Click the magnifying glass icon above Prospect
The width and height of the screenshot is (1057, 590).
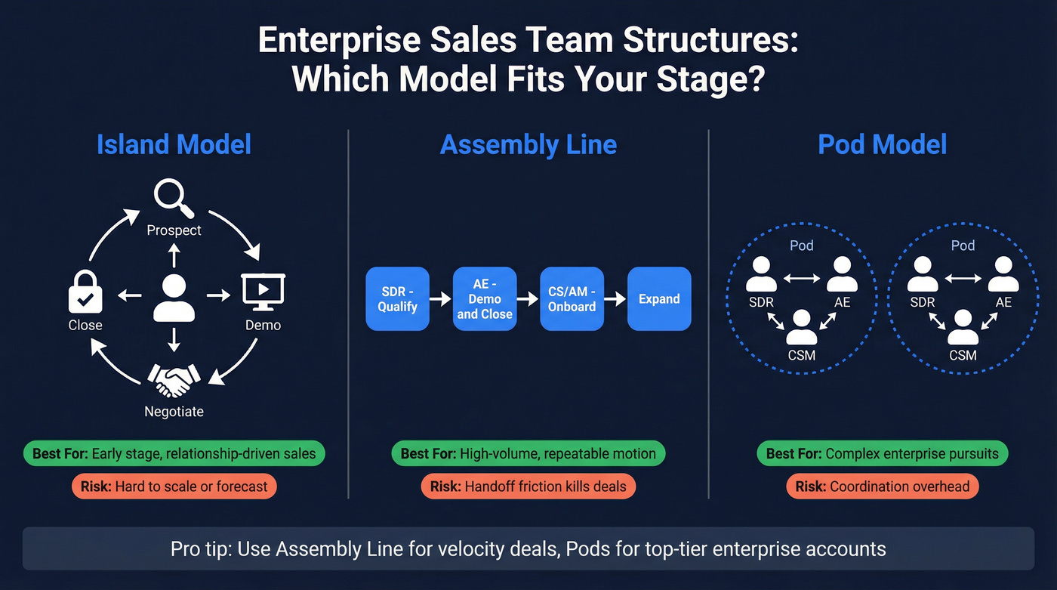tap(173, 196)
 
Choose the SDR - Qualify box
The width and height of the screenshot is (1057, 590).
tap(397, 298)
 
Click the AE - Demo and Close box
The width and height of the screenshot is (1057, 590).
tap(485, 298)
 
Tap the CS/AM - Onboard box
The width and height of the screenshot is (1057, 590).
tap(572, 298)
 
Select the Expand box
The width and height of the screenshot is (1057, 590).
tap(659, 298)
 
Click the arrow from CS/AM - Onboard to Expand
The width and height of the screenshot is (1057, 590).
tap(615, 299)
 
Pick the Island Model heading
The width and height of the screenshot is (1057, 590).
tap(174, 144)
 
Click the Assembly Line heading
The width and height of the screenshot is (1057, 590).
tap(528, 144)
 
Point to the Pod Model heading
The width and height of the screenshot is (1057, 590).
tap(882, 144)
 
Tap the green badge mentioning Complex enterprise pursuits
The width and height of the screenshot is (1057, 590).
tap(882, 454)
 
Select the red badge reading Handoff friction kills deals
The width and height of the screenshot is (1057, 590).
tap(528, 487)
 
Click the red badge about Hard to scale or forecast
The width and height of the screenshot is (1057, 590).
tap(174, 487)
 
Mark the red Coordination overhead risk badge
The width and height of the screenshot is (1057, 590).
tap(882, 487)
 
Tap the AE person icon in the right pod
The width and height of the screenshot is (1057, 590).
tap(1003, 274)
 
